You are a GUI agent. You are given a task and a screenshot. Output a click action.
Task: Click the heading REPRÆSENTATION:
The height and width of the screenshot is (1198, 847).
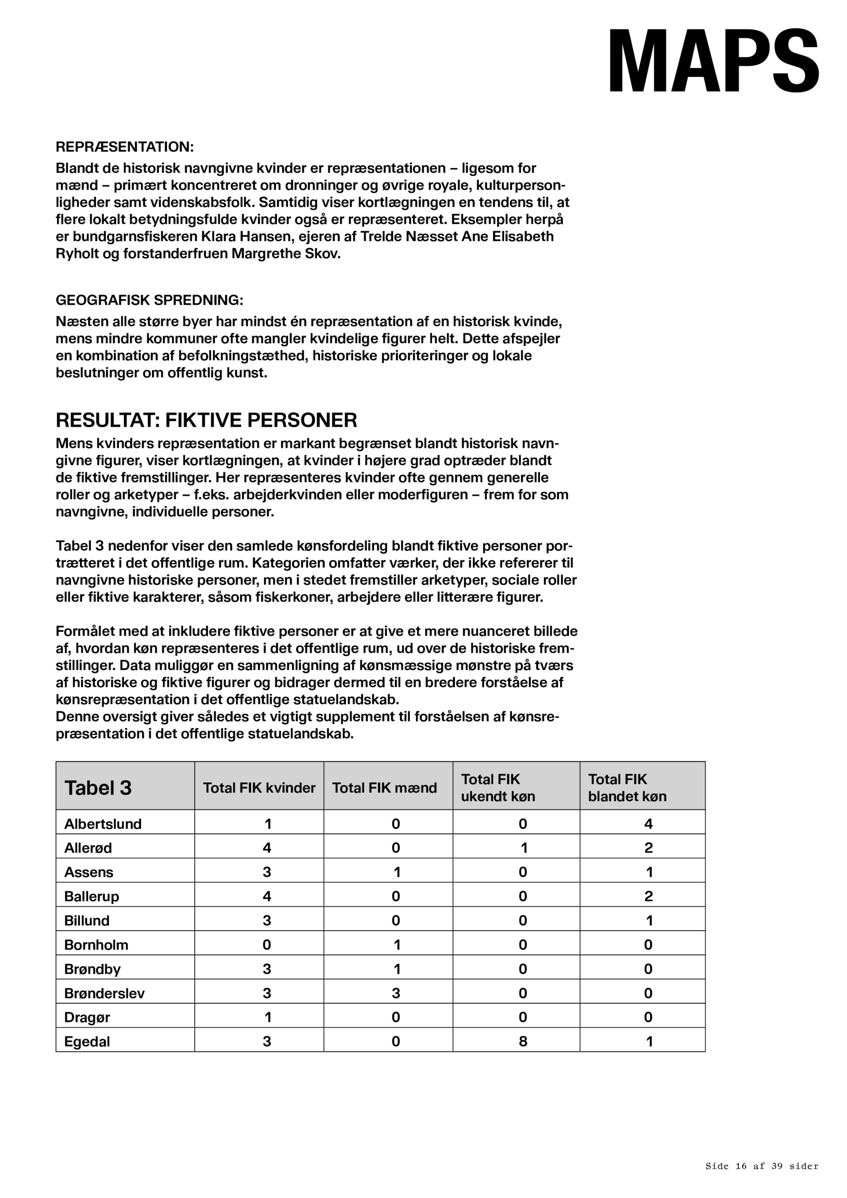click(x=125, y=147)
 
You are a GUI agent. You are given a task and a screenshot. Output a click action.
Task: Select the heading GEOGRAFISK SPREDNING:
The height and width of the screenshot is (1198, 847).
click(x=149, y=300)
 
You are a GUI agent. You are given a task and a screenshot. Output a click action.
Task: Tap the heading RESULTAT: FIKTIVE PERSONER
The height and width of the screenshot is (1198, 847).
click(x=206, y=420)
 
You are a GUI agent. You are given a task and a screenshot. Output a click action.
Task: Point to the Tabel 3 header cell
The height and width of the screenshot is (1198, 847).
click(x=98, y=788)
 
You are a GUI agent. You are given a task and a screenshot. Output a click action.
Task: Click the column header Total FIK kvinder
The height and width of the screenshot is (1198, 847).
click(x=259, y=788)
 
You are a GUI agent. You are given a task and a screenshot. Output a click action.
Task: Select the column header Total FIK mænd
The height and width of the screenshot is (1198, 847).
click(x=384, y=788)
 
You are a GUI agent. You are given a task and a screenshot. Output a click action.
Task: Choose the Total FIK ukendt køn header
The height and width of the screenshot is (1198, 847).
click(x=498, y=788)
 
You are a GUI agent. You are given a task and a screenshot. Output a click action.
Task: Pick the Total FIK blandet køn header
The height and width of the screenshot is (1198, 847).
click(x=627, y=788)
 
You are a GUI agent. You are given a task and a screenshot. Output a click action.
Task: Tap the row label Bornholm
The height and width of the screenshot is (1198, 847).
click(x=96, y=945)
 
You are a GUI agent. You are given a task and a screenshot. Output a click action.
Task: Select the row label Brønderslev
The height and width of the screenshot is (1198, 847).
click(x=104, y=993)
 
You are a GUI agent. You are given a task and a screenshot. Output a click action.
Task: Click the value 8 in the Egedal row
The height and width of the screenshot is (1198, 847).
click(x=523, y=1042)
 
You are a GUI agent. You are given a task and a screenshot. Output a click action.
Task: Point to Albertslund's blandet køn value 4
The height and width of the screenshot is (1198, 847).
click(x=648, y=825)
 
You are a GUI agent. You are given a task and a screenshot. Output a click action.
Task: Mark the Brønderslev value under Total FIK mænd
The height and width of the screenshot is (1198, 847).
click(x=396, y=993)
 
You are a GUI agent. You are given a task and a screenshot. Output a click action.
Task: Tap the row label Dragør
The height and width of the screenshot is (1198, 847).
click(x=87, y=1017)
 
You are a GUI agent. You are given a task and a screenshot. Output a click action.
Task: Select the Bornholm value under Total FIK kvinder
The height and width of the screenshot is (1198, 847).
click(x=267, y=945)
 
